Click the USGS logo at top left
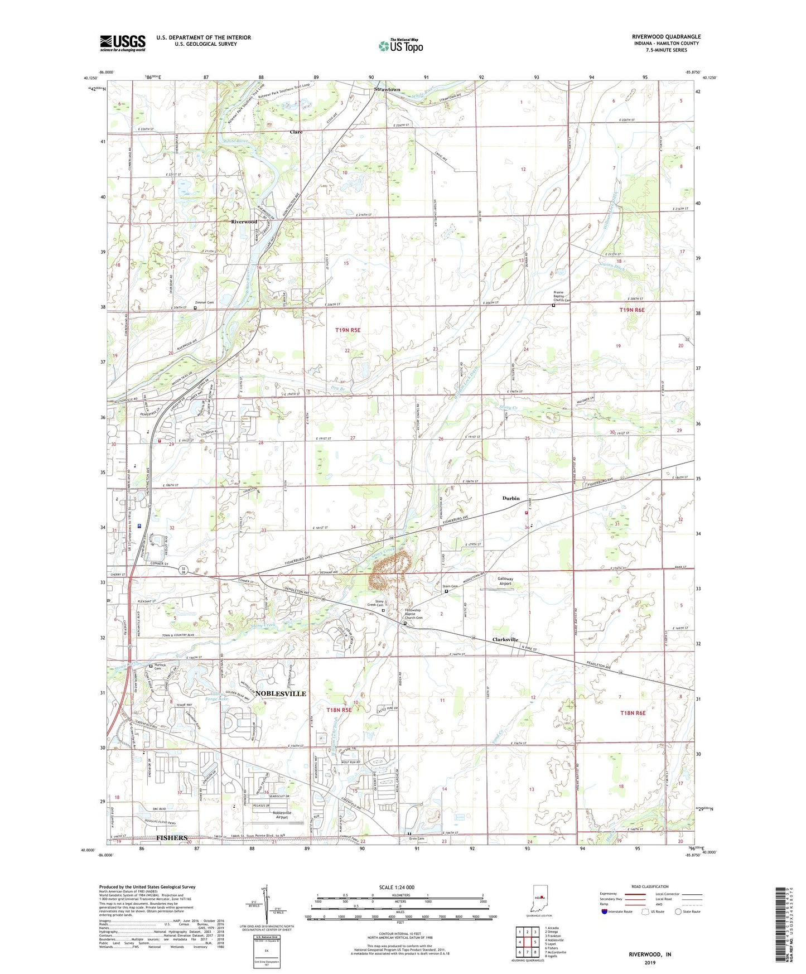point(122,43)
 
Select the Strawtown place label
point(387,89)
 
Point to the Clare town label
point(296,132)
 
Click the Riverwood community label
point(244,221)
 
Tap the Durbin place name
point(510,498)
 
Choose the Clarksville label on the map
point(505,640)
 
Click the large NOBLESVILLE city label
point(281,693)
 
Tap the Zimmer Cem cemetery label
point(205,302)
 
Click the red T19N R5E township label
point(348,330)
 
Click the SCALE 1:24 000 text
point(397,888)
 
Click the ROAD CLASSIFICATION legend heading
point(650,886)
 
